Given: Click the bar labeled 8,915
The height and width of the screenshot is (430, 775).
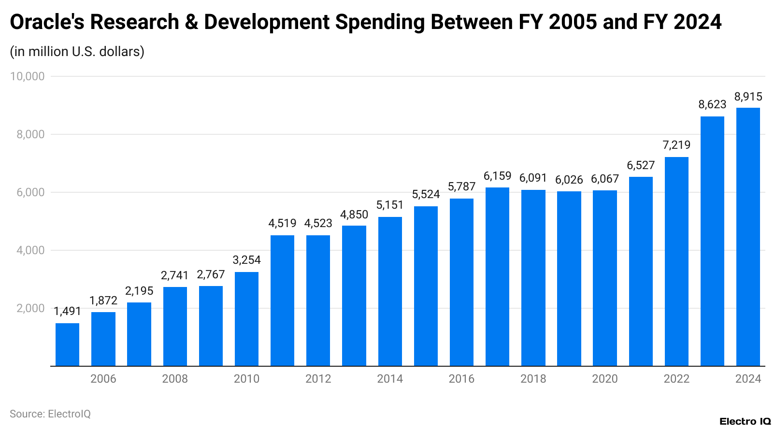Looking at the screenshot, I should click(748, 237).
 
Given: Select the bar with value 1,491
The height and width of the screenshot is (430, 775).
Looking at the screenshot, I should click(67, 344).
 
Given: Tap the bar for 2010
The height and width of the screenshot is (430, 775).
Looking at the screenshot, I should click(246, 319).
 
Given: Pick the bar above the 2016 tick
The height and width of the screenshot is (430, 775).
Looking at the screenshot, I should click(461, 282).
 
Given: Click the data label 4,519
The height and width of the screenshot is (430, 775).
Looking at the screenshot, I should click(282, 223).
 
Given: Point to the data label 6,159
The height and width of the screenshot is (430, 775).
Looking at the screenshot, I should click(497, 176).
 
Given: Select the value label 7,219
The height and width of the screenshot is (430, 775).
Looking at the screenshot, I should click(676, 145).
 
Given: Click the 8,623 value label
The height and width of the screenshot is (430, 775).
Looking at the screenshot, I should click(712, 104).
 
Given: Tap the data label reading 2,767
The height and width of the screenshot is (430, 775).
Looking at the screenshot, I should click(211, 274).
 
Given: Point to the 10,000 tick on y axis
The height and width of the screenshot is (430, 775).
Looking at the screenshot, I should click(28, 76).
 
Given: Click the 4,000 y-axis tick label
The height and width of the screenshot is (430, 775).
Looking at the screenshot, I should click(30, 250).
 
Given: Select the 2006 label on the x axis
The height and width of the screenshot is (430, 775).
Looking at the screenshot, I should click(103, 379).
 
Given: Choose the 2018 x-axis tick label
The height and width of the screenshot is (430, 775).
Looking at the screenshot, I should click(533, 379).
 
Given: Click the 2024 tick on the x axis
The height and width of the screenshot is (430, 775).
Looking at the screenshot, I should click(748, 379).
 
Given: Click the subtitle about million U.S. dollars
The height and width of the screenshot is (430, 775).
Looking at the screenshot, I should click(77, 51).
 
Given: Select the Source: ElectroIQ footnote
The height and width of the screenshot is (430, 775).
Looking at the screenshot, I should click(50, 414).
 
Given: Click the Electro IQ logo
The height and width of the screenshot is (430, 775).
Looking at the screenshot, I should click(745, 421).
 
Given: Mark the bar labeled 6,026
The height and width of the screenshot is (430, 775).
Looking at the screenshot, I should click(569, 279).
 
